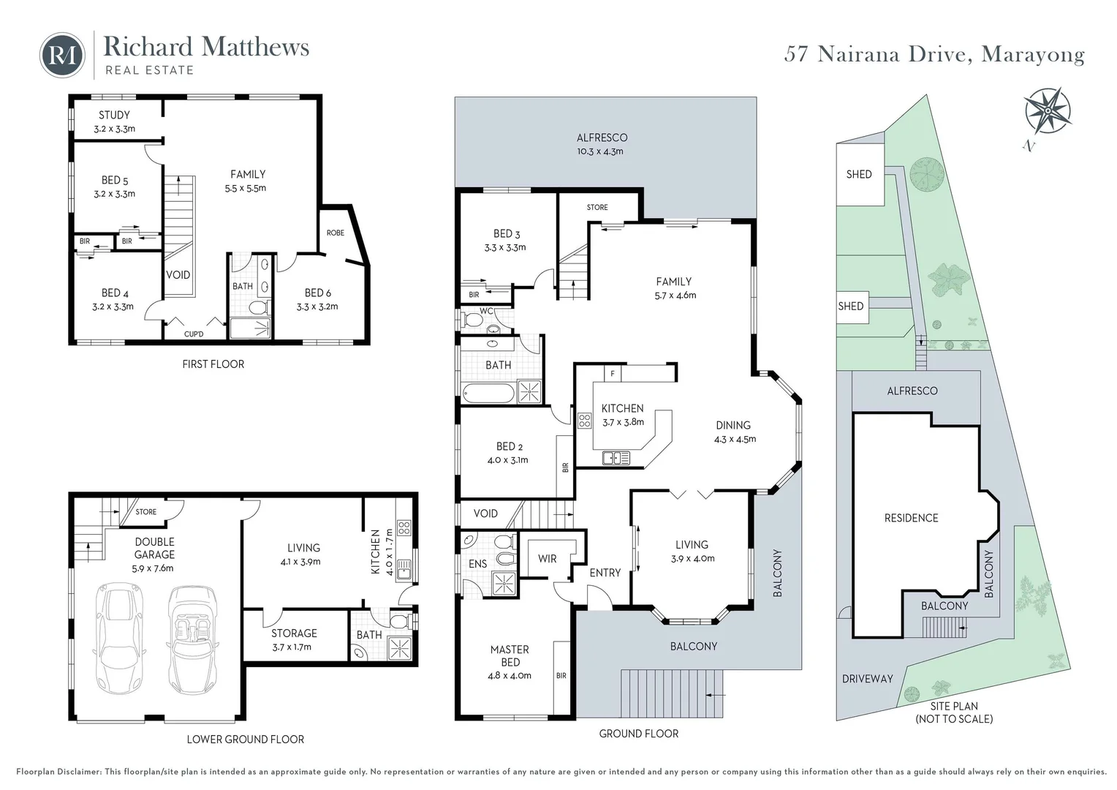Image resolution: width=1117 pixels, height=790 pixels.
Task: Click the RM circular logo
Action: (x=62, y=55)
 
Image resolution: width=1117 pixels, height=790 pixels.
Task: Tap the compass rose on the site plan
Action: (x=1048, y=110)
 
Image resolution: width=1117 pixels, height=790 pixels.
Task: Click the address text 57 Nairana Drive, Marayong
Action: (x=934, y=55)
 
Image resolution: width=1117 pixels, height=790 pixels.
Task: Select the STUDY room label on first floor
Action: (x=114, y=115)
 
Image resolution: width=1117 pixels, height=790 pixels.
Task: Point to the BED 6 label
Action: (x=318, y=293)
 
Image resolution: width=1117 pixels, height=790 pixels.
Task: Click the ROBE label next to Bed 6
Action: (x=336, y=233)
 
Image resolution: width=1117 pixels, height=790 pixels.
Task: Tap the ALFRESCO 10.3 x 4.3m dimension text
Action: (x=600, y=151)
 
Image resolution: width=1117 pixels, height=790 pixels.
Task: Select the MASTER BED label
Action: (x=510, y=655)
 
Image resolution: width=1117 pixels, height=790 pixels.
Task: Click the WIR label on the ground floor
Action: (x=548, y=558)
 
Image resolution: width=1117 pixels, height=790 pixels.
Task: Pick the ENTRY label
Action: (x=605, y=573)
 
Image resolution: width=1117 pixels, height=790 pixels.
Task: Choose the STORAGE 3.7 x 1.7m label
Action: (x=293, y=639)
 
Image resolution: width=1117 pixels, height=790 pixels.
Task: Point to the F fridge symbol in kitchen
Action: (x=613, y=373)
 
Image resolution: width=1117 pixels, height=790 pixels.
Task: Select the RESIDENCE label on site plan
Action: (x=911, y=518)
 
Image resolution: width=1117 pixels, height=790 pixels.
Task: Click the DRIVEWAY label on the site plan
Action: (x=867, y=679)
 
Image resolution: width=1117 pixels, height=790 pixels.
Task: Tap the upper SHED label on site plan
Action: (x=859, y=174)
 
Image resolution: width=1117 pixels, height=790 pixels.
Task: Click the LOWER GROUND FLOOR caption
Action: (x=245, y=739)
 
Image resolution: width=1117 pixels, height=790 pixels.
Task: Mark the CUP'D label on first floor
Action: (x=194, y=334)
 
